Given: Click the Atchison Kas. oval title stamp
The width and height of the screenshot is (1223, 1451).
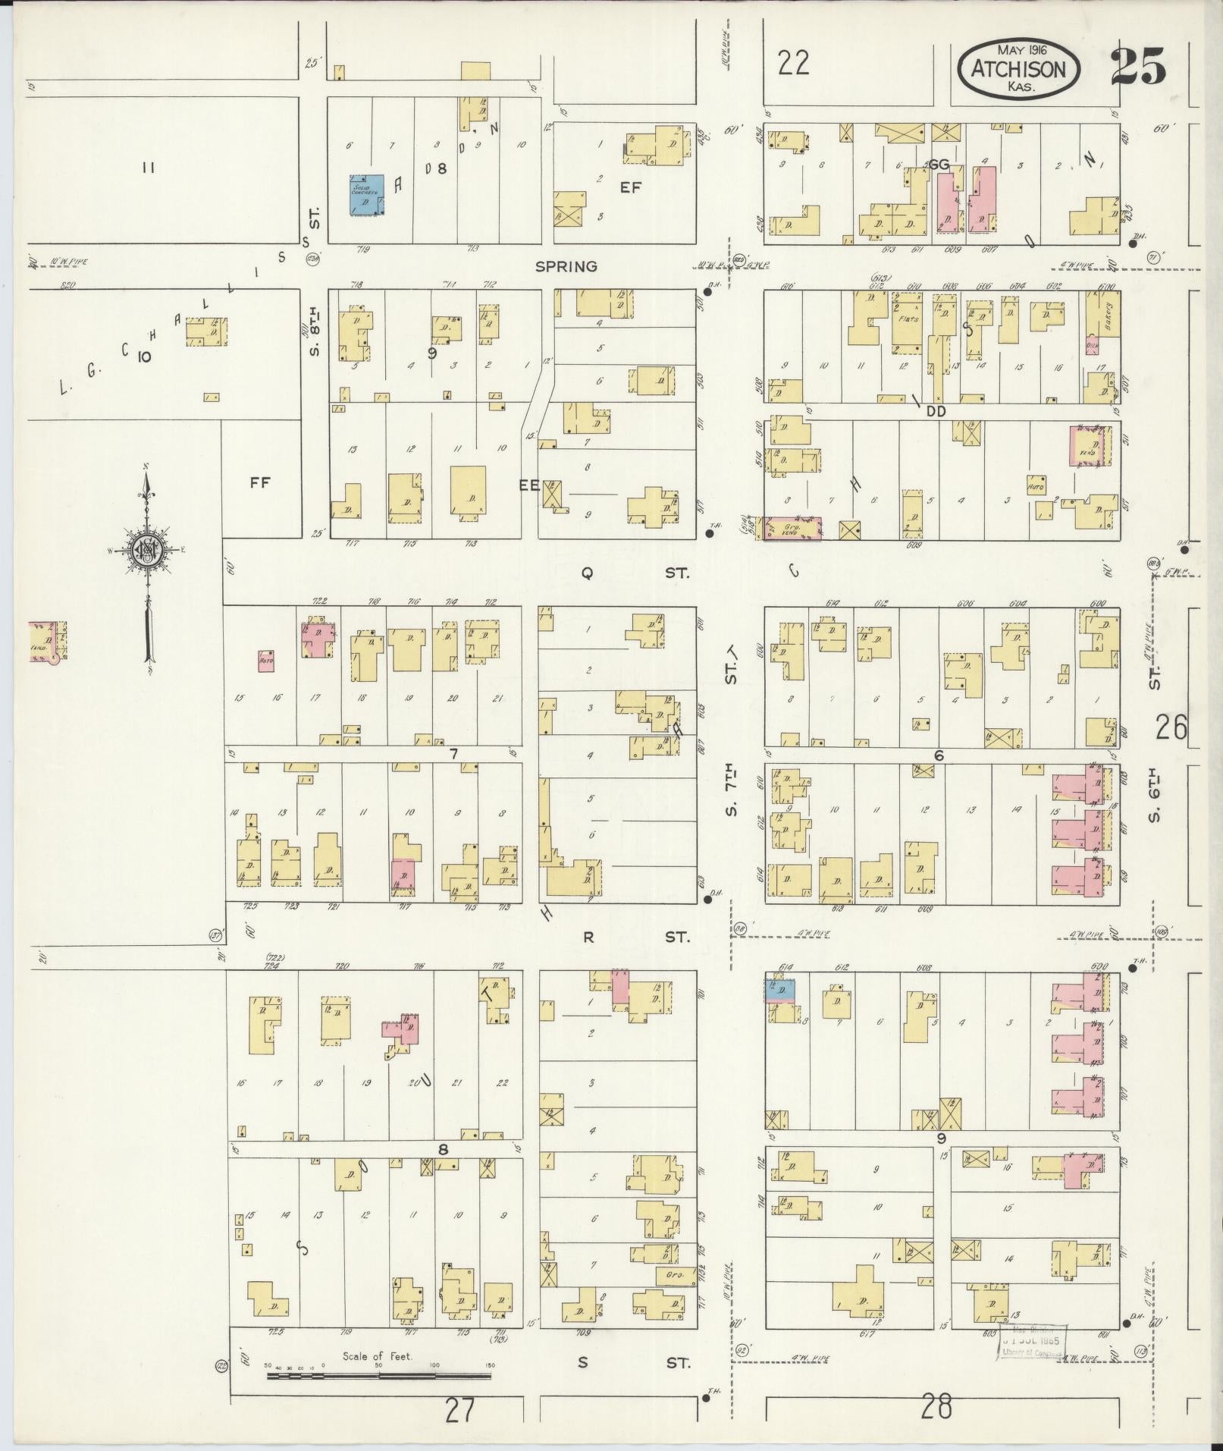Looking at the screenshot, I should click(1018, 69).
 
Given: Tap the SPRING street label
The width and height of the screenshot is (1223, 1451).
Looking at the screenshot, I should click(566, 266).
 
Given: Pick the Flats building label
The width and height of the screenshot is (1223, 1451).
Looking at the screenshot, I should click(908, 319).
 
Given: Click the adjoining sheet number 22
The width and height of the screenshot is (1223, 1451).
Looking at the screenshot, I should click(793, 63).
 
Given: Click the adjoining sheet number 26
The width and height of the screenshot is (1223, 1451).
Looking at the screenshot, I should click(1171, 728).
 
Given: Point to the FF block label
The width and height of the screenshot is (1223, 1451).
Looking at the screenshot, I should click(260, 482).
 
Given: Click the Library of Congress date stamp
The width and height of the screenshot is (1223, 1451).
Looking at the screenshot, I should click(1033, 1341).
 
